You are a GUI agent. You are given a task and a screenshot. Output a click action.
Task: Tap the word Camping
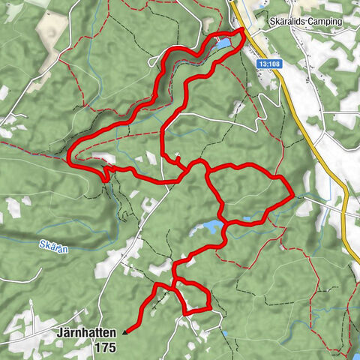click(x=320, y=22)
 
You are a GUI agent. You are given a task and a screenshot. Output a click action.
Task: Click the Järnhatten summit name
click(x=85, y=331)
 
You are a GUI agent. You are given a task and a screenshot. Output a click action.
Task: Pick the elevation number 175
click(x=106, y=347)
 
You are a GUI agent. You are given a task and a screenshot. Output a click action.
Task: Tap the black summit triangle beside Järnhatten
click(x=124, y=329)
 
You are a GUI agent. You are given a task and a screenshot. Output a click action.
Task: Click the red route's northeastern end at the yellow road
click(x=242, y=31)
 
